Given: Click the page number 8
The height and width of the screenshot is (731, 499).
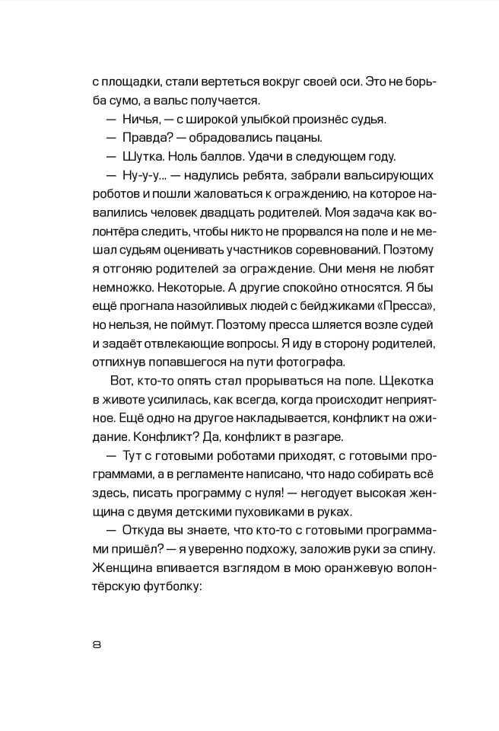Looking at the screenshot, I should tap(96, 644).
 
